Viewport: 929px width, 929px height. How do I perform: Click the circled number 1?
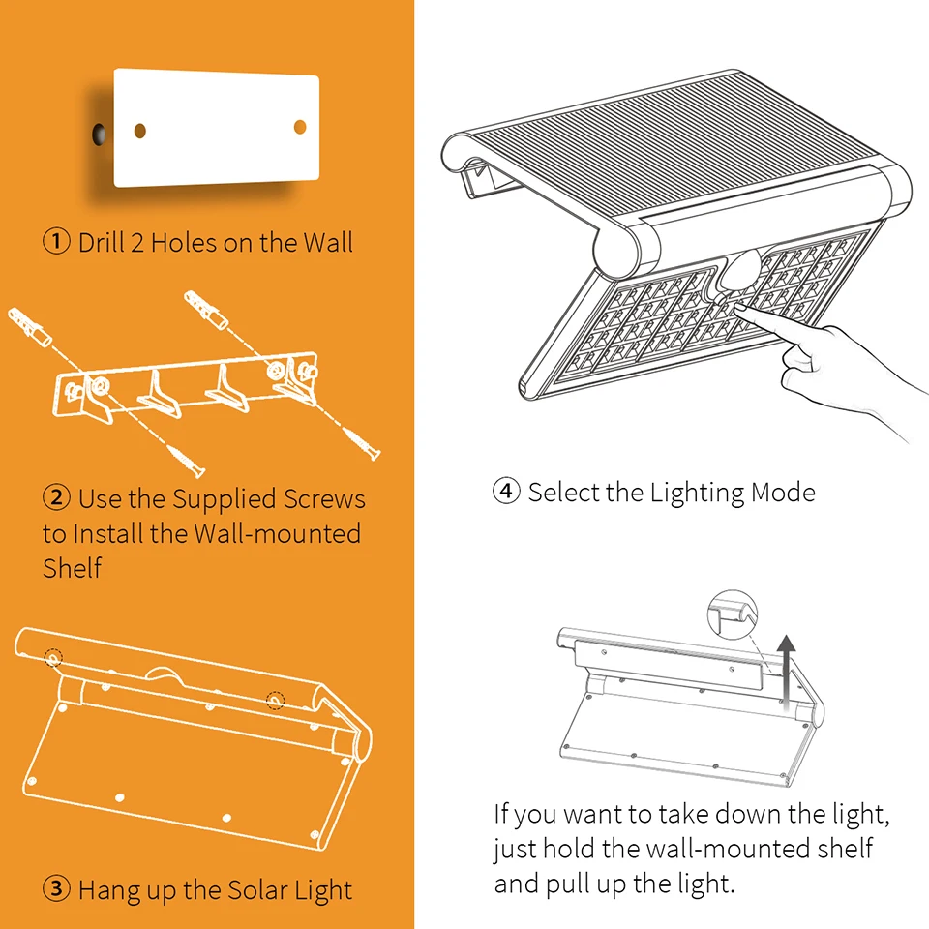[x=57, y=242]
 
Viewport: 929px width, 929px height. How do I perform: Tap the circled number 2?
[x=57, y=497]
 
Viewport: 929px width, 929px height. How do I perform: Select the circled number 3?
[x=57, y=888]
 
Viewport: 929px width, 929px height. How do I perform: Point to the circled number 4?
[x=506, y=492]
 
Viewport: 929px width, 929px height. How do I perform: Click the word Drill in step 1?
[x=102, y=242]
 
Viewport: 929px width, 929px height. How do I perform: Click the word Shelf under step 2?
[x=73, y=568]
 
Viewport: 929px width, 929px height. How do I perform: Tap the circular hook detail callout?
[x=733, y=614]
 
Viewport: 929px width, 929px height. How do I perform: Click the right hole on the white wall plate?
[x=300, y=127]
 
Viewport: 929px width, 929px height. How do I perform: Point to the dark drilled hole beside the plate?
[x=99, y=135]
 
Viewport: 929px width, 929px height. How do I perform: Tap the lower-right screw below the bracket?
[x=363, y=442]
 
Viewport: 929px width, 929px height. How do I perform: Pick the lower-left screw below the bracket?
[x=187, y=461]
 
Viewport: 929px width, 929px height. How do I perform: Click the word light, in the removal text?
[x=861, y=815]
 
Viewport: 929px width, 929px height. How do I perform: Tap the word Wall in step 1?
[x=328, y=242]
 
